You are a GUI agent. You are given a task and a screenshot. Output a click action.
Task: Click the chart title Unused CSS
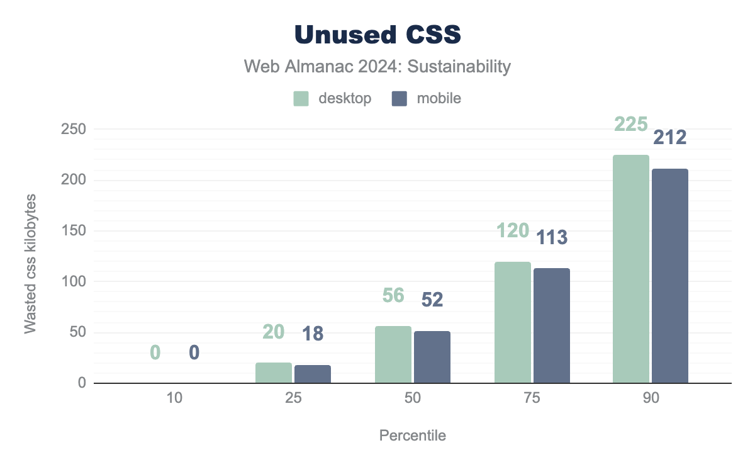377,35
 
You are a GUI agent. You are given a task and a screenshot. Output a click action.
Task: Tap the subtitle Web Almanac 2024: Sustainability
377,66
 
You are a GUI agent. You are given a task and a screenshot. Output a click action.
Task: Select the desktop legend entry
333,98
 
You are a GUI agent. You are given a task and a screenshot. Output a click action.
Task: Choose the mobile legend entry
427,98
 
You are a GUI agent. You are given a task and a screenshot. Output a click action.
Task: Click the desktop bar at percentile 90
630,269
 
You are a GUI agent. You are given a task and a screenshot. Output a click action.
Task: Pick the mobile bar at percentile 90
669,276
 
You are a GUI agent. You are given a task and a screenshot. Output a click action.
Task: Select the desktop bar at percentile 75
512,322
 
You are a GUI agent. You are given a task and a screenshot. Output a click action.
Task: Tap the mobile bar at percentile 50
432,357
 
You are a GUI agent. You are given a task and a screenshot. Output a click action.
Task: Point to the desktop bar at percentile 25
274,373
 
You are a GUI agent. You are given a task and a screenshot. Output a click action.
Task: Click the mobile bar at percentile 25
313,374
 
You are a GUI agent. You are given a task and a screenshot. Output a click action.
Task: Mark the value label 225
630,125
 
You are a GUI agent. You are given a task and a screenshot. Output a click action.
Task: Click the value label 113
552,237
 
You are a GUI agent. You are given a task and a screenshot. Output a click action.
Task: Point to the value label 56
393,295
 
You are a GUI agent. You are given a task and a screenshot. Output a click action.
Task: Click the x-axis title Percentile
412,436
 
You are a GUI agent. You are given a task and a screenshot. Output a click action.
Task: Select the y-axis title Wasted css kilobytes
30,264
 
